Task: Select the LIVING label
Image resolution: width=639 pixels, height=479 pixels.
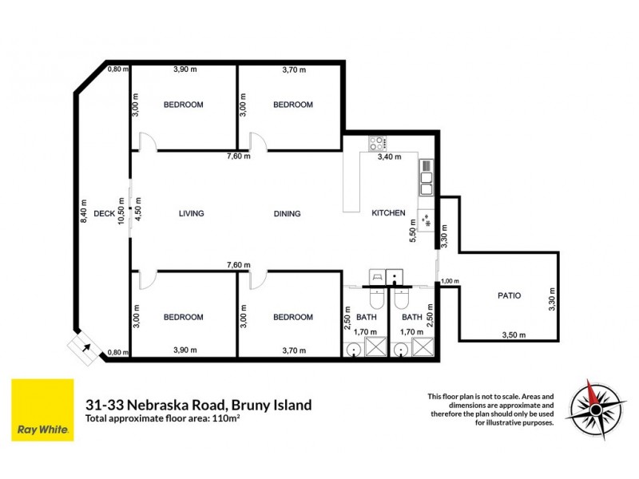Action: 191,213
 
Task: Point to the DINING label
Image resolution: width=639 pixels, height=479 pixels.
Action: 287,213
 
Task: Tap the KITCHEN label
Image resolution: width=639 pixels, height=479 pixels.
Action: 389,213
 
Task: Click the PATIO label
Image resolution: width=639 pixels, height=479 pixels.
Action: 509,295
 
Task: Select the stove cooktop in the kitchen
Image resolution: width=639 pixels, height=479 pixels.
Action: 376,144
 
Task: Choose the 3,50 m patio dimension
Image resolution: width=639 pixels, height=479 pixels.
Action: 513,335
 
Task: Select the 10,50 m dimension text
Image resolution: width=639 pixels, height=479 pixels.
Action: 121,213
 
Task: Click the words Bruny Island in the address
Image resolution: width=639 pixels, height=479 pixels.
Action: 272,405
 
